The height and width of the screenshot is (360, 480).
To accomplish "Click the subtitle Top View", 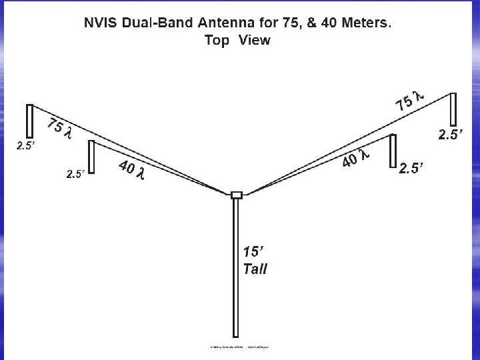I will [x=238, y=40].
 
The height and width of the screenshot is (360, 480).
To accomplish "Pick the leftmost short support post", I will [x=29, y=121].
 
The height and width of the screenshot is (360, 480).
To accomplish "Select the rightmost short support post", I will [x=453, y=109].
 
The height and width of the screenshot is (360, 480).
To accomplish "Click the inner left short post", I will [x=92, y=156].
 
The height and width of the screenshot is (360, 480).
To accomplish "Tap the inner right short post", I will [x=393, y=151].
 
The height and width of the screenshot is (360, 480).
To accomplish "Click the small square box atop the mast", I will [x=236, y=195].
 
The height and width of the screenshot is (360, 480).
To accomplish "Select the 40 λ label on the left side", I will [x=131, y=171].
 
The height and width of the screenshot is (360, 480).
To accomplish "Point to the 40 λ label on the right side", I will [x=355, y=159].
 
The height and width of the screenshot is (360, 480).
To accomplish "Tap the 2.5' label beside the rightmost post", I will [x=449, y=135].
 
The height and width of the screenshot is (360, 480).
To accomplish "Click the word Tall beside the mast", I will [x=255, y=269].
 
